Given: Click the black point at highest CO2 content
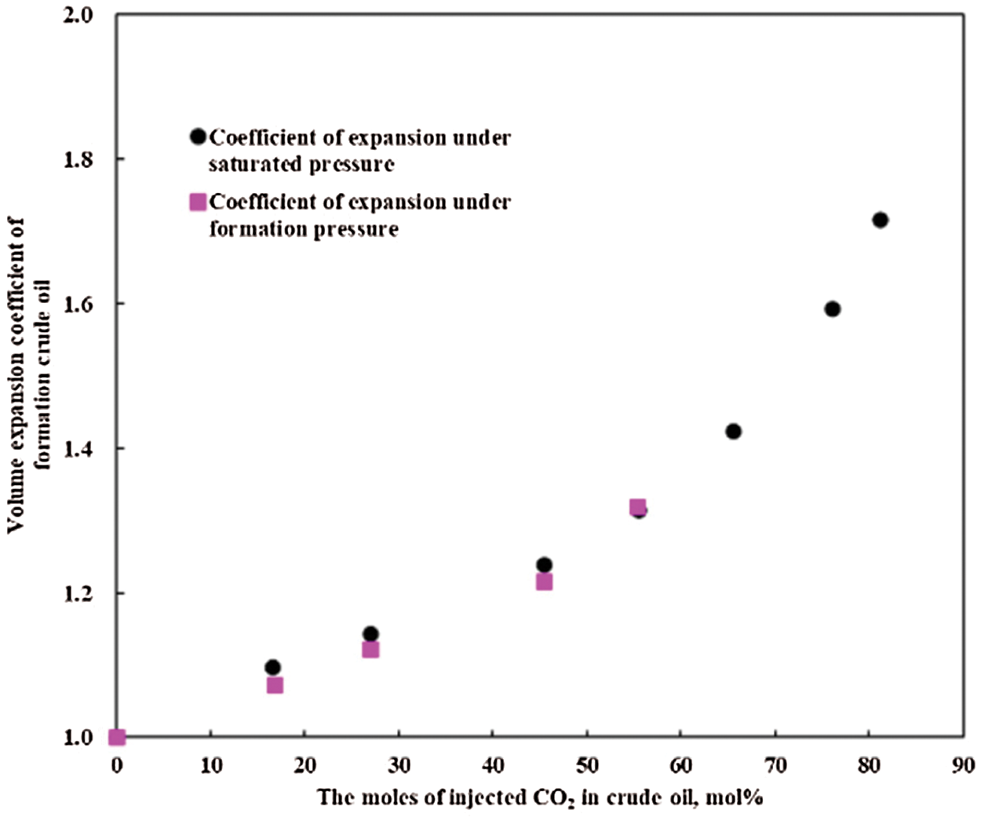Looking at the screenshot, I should (880, 220).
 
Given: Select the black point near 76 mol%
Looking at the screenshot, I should (833, 309).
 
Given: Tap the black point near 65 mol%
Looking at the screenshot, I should (734, 432).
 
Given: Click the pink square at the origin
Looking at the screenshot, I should (117, 737).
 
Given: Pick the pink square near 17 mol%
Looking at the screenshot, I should (275, 685).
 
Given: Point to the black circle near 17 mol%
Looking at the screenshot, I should (272, 668).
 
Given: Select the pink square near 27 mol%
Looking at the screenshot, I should (370, 650).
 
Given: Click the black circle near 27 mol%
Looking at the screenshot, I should (370, 634).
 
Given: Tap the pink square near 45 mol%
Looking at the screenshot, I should (544, 582).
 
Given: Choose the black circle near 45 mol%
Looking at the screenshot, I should (544, 565).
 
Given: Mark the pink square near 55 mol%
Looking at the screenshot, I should (637, 507).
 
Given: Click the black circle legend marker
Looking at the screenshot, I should (198, 137).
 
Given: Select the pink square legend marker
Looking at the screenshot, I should (198, 203).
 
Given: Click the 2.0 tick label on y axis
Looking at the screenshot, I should (78, 16).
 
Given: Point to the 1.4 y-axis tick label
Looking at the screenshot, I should (78, 448).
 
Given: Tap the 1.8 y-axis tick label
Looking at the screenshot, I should (78, 159).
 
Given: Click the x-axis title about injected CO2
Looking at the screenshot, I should (540, 798).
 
